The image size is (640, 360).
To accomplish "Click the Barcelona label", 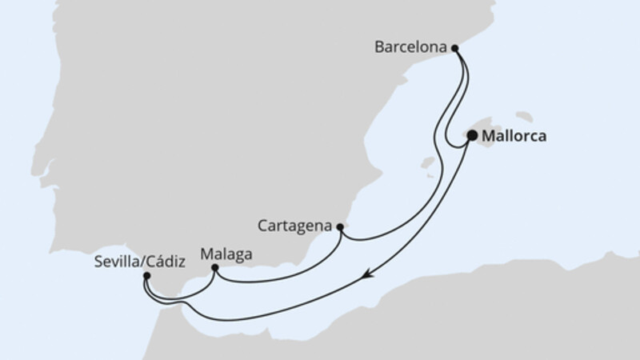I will click(x=410, y=47).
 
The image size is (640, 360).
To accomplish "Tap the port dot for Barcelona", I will click(x=455, y=48).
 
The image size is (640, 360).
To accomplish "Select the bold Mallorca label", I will click(x=515, y=137).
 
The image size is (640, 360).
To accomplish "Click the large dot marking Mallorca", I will click(x=472, y=136).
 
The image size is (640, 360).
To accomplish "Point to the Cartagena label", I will click(x=295, y=226).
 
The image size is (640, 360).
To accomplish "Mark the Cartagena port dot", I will click(x=340, y=226).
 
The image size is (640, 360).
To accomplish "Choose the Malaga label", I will click(x=226, y=254).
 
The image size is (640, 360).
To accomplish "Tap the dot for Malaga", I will click(x=214, y=268).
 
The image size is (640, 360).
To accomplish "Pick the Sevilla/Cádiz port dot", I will click(x=146, y=276).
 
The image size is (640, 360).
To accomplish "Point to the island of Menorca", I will click(x=526, y=117).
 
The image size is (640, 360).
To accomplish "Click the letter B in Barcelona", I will click(x=379, y=47).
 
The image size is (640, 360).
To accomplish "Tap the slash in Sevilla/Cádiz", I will click(x=135, y=260).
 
